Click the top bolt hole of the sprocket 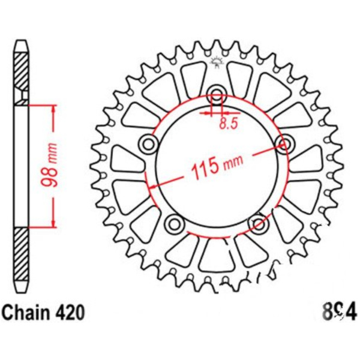click(x=217, y=94)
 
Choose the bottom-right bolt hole click(x=259, y=224)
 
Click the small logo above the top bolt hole click(x=217, y=61)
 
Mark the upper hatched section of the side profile click(x=21, y=72)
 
